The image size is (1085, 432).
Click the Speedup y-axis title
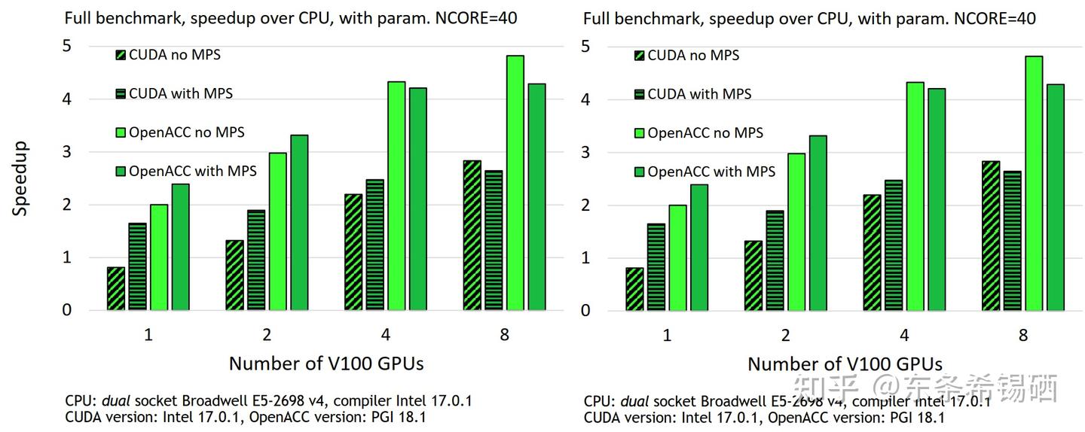(x=20, y=178)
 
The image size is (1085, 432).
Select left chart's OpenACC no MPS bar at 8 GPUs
(x=515, y=183)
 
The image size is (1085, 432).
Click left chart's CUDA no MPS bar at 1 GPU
(x=115, y=288)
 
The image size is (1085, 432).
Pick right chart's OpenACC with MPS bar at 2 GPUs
(x=818, y=223)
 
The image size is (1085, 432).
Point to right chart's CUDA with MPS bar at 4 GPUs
(x=893, y=245)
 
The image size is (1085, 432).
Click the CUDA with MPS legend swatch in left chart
(x=121, y=94)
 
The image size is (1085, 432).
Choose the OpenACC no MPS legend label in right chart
(x=705, y=133)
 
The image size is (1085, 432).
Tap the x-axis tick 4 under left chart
(x=386, y=335)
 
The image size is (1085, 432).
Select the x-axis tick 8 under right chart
(x=1023, y=336)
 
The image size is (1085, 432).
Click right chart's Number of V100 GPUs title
(x=845, y=364)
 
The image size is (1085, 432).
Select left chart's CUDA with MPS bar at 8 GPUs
(x=494, y=240)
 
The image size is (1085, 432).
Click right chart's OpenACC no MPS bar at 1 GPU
(x=678, y=257)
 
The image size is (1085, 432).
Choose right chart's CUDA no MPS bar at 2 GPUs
(x=753, y=275)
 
